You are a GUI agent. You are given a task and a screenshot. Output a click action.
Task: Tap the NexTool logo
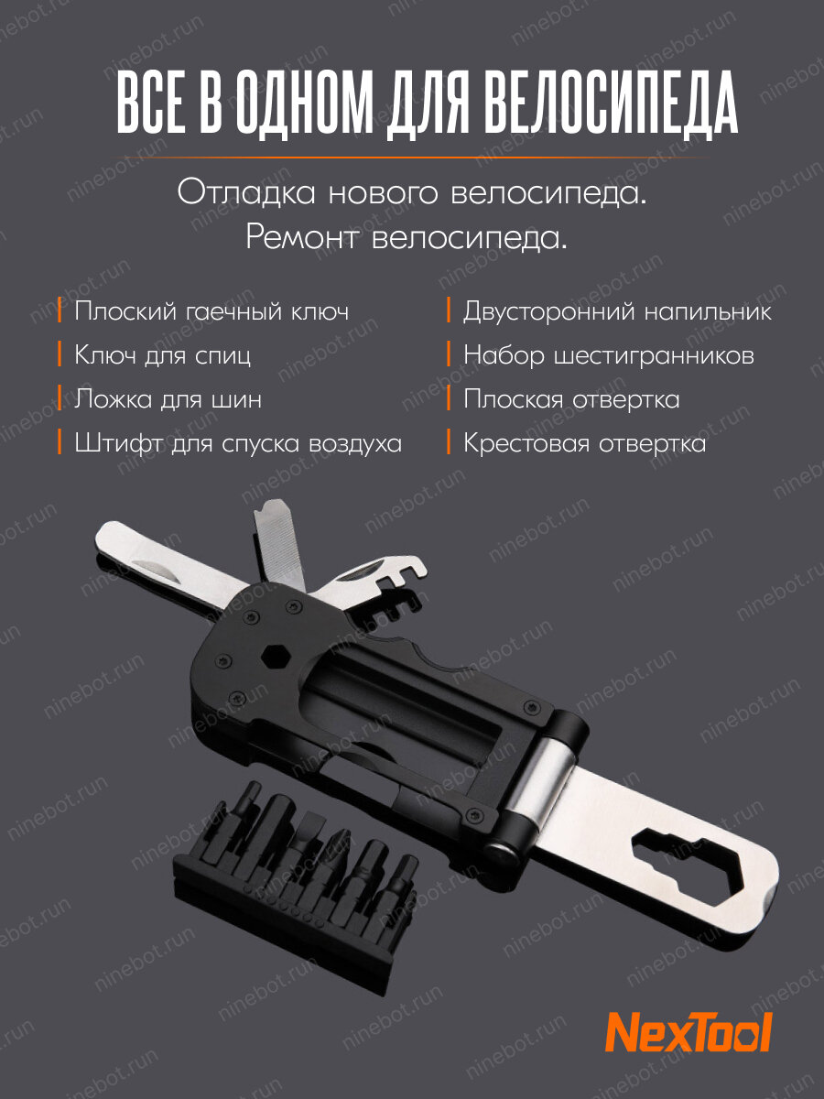pyautogui.click(x=689, y=1032)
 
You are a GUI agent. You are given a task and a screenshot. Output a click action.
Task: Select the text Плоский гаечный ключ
pyautogui.click(x=211, y=312)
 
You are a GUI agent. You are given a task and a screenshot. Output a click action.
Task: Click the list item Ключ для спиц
pyautogui.click(x=162, y=355)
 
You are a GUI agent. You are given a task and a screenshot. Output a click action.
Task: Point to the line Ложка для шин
pyautogui.click(x=168, y=399)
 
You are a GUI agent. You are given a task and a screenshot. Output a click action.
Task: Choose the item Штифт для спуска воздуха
pyautogui.click(x=238, y=443)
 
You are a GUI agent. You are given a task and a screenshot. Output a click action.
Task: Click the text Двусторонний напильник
pyautogui.click(x=617, y=312)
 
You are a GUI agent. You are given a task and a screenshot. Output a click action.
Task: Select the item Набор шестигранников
pyautogui.click(x=608, y=355)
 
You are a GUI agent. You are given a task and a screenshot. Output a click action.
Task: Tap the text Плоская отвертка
pyautogui.click(x=570, y=399)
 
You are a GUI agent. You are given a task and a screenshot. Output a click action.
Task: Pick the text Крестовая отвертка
pyautogui.click(x=584, y=443)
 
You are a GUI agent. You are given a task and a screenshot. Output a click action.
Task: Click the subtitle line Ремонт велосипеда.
pyautogui.click(x=407, y=239)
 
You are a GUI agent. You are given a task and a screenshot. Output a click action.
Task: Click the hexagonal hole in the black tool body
pyautogui.click(x=271, y=657)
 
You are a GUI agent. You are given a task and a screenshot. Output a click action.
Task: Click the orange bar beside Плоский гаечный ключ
pyautogui.click(x=60, y=311)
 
